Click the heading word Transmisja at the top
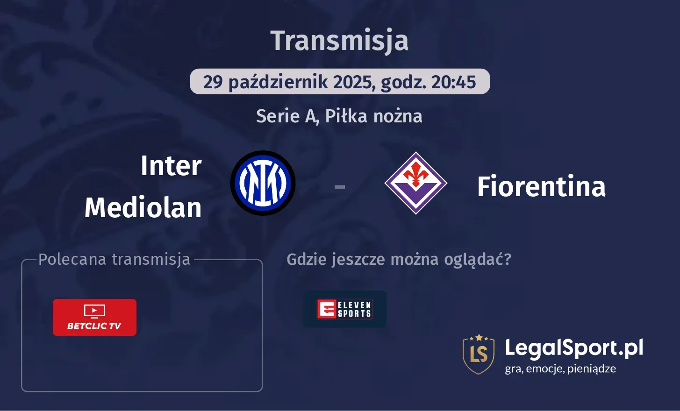coord(339,41)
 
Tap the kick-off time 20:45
coord(453,82)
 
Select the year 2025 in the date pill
coord(352,82)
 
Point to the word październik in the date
coord(278,82)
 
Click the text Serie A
coord(286,116)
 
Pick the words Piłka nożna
coord(373,116)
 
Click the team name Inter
coord(171,166)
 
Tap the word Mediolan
coord(143,207)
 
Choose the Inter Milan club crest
coord(263,183)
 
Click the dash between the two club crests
coord(340,187)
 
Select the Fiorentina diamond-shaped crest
coord(415,183)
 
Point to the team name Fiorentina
coord(541,186)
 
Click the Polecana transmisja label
coord(115,259)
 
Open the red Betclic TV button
coord(94,318)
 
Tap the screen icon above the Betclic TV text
coord(94,311)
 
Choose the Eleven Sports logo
coord(344,309)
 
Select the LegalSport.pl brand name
coord(574,348)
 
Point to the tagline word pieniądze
coord(592,369)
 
